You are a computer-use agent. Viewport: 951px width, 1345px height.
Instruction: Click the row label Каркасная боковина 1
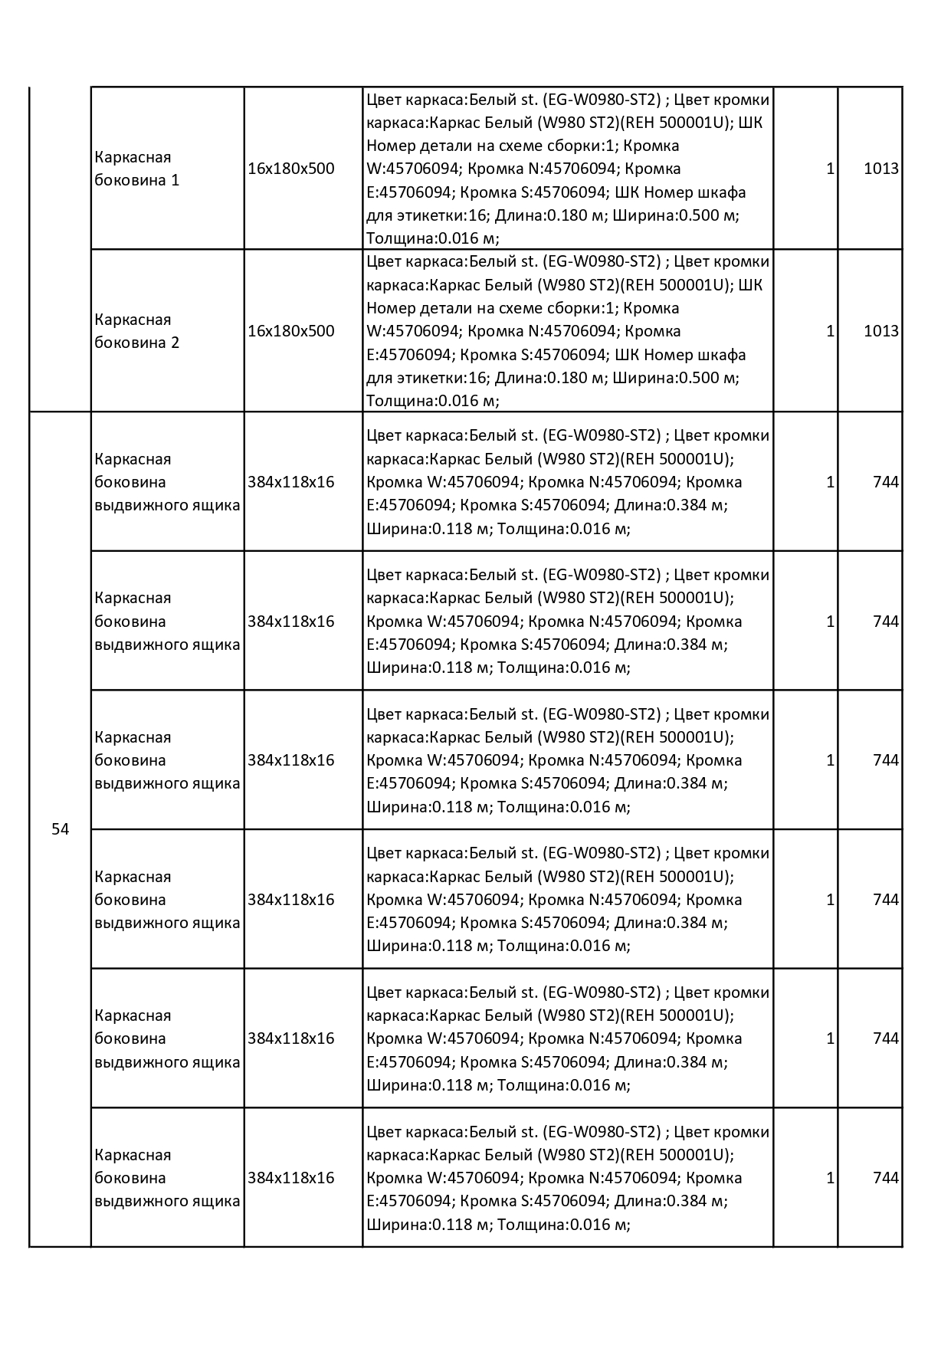pos(136,169)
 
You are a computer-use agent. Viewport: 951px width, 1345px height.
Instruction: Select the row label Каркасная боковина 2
pos(136,331)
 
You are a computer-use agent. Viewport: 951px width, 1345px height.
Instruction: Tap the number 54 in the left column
pos(60,829)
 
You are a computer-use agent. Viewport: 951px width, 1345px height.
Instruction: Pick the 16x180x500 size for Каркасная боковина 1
pos(291,169)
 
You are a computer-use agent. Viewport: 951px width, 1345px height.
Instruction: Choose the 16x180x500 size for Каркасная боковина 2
pos(291,331)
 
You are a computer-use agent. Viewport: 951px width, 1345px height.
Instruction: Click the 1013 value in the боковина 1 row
pos(880,169)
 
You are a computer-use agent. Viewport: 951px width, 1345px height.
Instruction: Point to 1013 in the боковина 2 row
pos(880,331)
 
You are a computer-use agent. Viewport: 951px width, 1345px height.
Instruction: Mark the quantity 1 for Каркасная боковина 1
pos(830,169)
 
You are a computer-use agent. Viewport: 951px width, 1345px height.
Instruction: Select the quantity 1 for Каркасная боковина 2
pos(830,331)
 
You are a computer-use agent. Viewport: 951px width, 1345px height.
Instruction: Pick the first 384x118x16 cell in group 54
pos(291,482)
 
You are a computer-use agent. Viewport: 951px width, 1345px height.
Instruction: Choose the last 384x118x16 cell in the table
pos(291,1178)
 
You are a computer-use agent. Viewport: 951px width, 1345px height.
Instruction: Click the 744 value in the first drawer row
pos(885,482)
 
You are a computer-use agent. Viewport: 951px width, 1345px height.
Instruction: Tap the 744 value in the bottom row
pos(885,1178)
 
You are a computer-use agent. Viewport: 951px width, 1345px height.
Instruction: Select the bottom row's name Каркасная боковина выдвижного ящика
pos(167,1178)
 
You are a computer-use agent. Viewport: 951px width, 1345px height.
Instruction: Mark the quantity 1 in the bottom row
pos(830,1178)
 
